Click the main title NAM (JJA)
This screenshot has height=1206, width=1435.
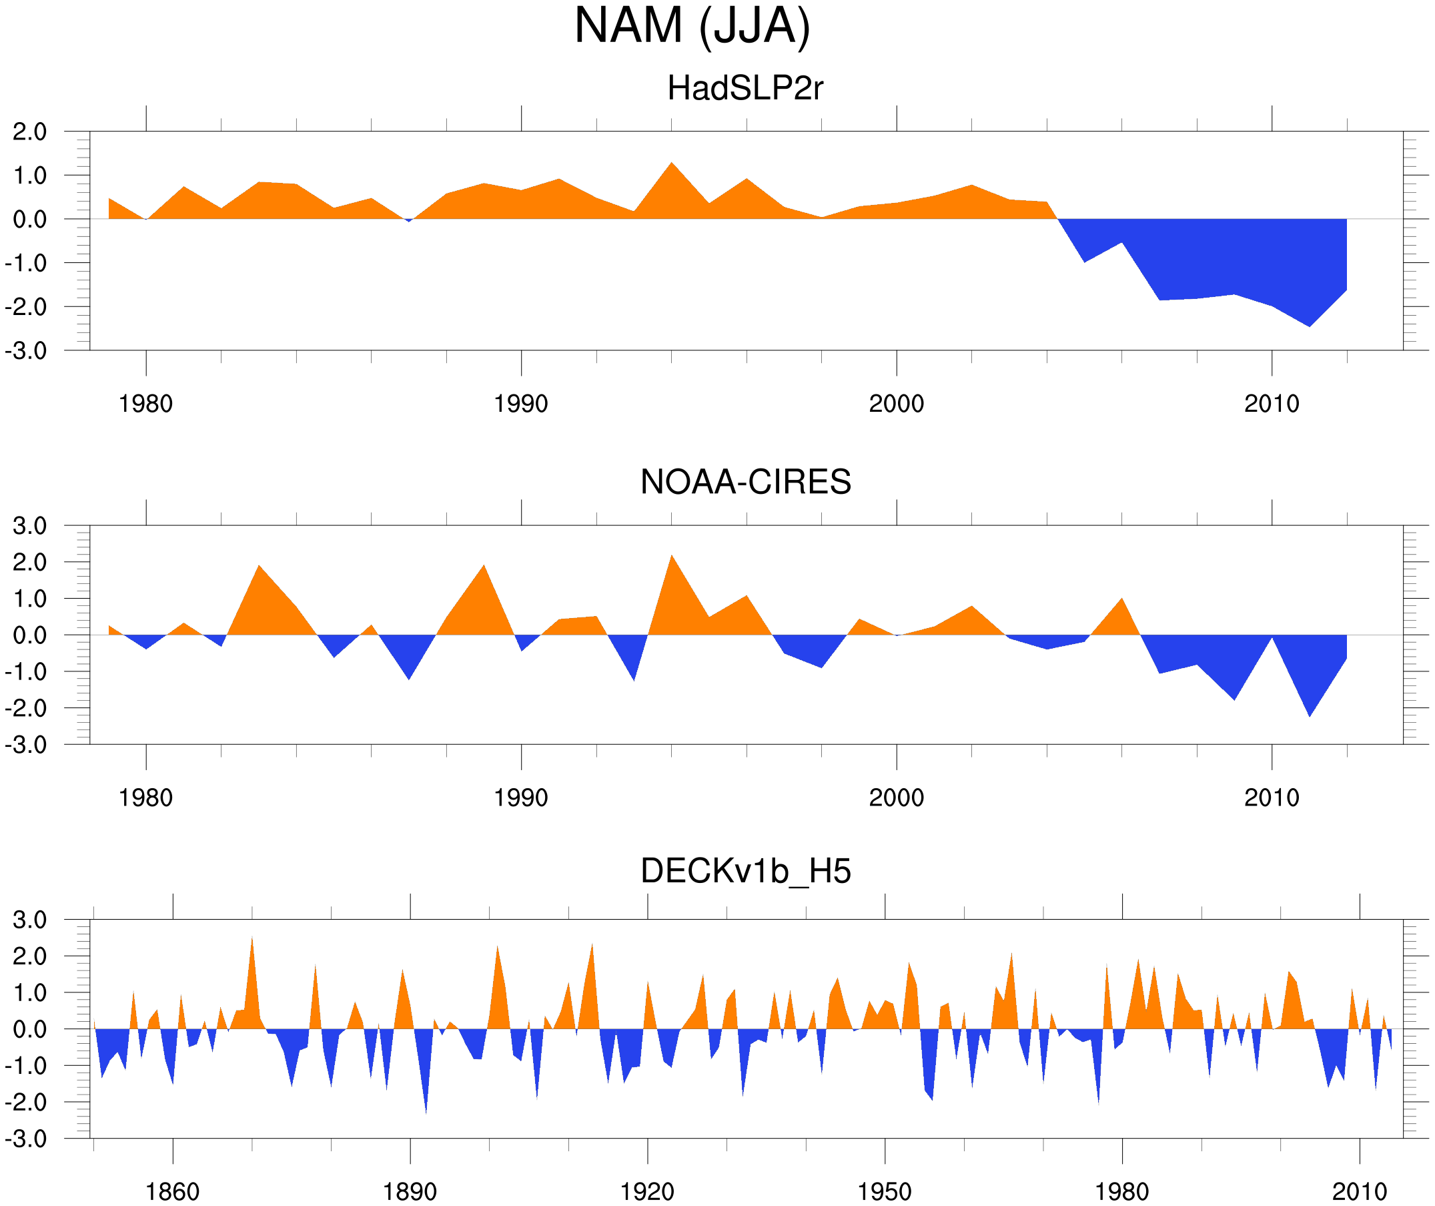tap(692, 26)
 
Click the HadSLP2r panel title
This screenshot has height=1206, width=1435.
tap(745, 88)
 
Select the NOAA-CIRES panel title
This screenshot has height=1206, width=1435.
tap(745, 482)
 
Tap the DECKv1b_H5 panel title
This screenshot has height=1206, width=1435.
tap(745, 872)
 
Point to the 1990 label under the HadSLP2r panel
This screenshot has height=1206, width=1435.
tap(521, 404)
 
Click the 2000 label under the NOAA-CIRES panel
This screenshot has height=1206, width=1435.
tap(896, 798)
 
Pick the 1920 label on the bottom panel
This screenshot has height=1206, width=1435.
tap(646, 1191)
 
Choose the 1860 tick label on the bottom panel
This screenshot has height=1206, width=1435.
tap(172, 1191)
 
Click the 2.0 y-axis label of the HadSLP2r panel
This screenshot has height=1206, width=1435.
tap(29, 132)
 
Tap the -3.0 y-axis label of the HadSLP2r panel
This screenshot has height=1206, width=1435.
tap(26, 351)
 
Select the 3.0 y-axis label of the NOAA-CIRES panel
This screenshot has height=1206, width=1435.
tap(29, 527)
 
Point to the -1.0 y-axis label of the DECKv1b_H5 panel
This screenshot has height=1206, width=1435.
tap(26, 1066)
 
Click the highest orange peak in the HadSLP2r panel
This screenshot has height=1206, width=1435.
tap(672, 164)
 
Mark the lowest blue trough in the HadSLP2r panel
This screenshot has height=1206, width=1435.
tap(1310, 326)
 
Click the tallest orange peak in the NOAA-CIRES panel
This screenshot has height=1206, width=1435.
tap(672, 557)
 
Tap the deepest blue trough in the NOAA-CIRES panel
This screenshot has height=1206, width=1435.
tap(1310, 715)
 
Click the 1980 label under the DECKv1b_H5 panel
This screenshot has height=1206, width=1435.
tap(1121, 1191)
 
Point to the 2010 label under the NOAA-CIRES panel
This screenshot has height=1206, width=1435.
tap(1271, 798)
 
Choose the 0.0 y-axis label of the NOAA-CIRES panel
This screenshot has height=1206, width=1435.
tap(29, 636)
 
